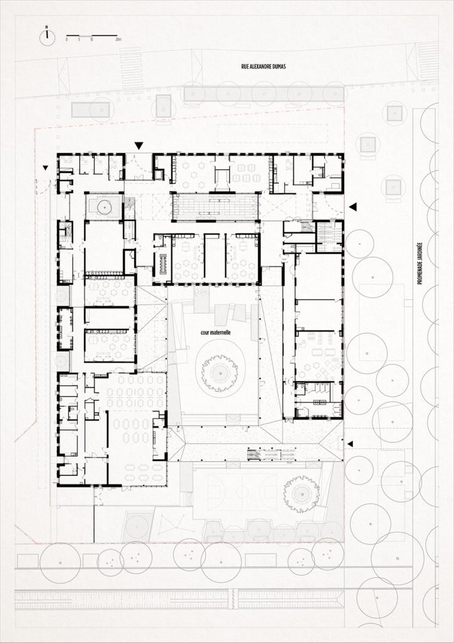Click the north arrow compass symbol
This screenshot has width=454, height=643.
47,37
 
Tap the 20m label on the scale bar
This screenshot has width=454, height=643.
119,40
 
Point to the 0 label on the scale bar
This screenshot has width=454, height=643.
66,40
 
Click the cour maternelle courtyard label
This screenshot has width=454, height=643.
216,333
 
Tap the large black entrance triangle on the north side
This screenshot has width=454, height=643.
139,145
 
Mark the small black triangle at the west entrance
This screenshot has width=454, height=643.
45,167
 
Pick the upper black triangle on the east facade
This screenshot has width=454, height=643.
353,207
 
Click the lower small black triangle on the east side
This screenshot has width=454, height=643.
350,444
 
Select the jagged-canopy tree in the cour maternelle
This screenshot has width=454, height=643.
220,372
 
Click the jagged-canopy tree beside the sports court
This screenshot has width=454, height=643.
301,494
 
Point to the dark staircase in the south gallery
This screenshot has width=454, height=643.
253,455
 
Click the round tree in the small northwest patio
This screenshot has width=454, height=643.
104,207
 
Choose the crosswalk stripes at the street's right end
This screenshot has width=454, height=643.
428,61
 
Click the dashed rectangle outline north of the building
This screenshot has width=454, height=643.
272,134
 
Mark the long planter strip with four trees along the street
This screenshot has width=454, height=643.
263,94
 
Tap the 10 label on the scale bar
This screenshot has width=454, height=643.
92,40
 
